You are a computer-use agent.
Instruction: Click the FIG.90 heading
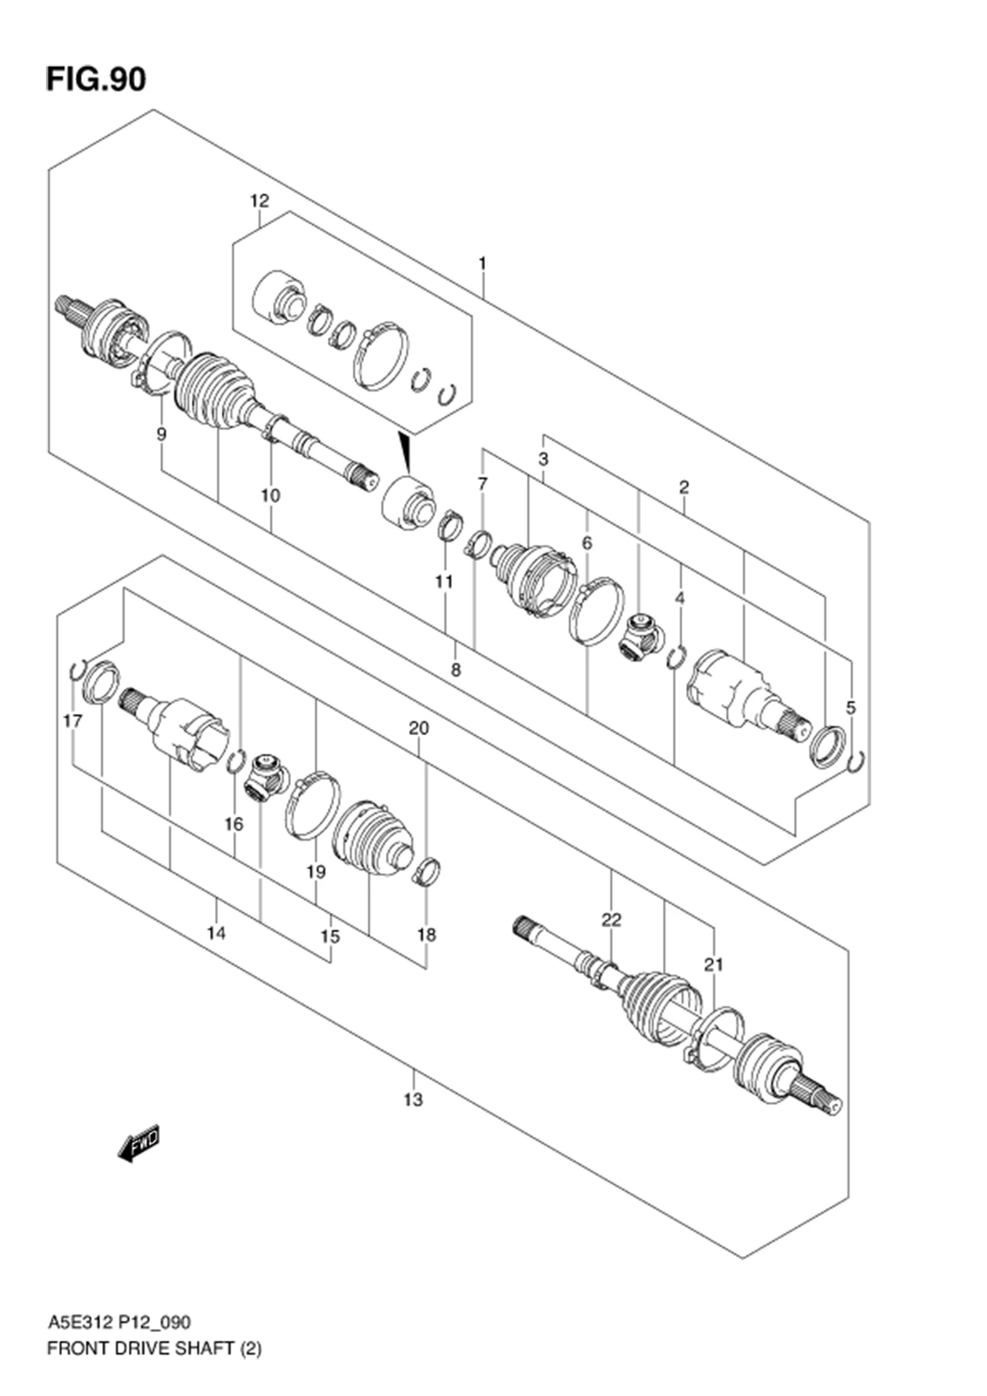point(96,79)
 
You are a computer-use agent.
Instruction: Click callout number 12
point(260,201)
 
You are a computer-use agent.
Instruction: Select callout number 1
point(482,264)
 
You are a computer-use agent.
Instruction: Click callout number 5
point(851,708)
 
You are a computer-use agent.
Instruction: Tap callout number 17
point(73,721)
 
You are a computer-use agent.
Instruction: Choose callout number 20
point(419,728)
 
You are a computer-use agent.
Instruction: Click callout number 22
point(611,937)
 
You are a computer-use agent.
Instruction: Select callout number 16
point(233,824)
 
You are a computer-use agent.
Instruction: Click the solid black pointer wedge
point(405,452)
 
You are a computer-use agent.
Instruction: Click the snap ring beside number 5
point(857,762)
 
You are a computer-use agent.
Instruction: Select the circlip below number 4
point(676,658)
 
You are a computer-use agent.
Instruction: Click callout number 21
point(714,964)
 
